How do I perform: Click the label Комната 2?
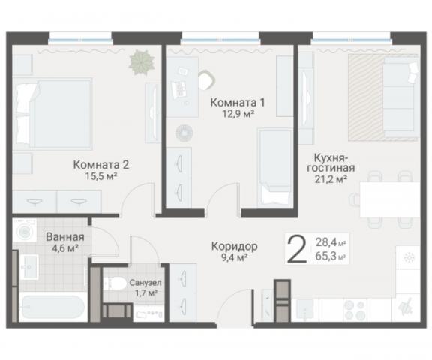[x=101, y=164]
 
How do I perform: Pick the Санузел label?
[x=144, y=283]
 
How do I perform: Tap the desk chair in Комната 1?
[x=207, y=78]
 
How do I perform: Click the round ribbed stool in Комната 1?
[x=184, y=133]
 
